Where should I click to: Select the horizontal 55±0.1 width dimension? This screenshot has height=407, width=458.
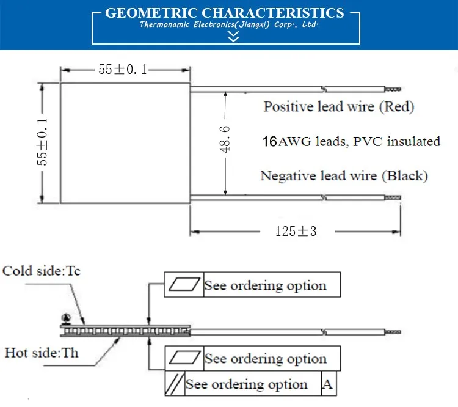[123, 69]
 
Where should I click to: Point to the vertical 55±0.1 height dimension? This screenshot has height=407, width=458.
[42, 142]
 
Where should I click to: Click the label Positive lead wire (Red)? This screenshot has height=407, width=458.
[338, 107]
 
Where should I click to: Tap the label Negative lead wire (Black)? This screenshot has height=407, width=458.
[344, 177]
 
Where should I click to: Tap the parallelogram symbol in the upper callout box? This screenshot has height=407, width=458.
[184, 285]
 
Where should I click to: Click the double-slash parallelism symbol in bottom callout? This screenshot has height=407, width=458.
[175, 384]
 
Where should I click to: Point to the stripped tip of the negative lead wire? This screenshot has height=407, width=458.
[392, 197]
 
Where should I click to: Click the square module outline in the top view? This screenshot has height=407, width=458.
[125, 142]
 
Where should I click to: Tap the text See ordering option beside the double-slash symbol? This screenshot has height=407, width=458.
[247, 384]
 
